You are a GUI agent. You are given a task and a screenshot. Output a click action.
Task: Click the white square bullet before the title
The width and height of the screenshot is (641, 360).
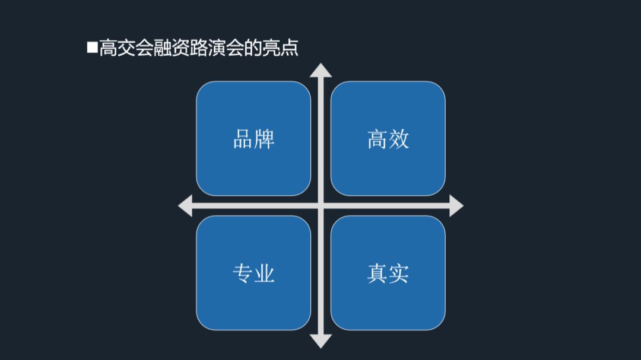pyautogui.click(x=92, y=47)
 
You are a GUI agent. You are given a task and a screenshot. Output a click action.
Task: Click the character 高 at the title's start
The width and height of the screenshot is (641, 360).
pyautogui.click(x=108, y=47)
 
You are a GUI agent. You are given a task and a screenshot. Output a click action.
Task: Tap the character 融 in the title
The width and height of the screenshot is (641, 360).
pyautogui.click(x=163, y=47)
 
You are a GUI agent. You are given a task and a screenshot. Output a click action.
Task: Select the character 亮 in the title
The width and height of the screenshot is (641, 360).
pyautogui.click(x=271, y=47)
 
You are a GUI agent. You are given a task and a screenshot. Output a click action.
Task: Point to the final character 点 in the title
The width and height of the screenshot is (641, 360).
pyautogui.click(x=289, y=47)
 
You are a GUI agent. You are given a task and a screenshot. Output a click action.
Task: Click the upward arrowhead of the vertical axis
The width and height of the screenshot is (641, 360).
pyautogui.click(x=321, y=69)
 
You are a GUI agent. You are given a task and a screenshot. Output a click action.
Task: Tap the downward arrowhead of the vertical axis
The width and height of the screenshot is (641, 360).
pyautogui.click(x=321, y=340)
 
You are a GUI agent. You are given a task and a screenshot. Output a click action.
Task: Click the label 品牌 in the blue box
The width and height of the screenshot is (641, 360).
pyautogui.click(x=253, y=139)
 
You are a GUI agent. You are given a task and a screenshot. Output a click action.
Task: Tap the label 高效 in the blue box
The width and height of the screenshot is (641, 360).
pyautogui.click(x=388, y=139)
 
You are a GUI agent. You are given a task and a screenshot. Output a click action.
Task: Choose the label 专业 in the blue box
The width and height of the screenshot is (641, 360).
pyautogui.click(x=253, y=273)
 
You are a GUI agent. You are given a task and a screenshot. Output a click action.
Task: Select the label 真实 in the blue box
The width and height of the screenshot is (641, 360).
pyautogui.click(x=388, y=273)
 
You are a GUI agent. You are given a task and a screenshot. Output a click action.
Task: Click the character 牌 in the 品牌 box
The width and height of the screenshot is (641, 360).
pyautogui.click(x=264, y=139)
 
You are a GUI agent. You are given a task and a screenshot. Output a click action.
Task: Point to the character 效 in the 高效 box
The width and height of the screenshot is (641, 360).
pyautogui.click(x=399, y=139)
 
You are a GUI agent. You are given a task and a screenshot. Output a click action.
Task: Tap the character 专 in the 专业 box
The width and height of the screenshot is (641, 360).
pyautogui.click(x=243, y=273)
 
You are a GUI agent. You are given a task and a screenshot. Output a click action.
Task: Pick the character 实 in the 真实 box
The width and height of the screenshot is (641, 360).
pyautogui.click(x=399, y=273)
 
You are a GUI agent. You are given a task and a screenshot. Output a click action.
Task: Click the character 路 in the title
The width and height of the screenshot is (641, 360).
pyautogui.click(x=199, y=47)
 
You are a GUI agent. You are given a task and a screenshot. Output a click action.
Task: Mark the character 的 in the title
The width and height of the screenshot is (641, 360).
pyautogui.click(x=253, y=47)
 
